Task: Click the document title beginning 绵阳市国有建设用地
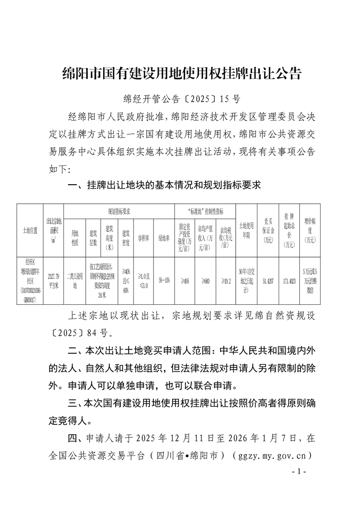(182, 73)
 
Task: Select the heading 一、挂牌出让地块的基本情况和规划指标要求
(164, 185)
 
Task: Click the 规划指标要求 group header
(119, 211)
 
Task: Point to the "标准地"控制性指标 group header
(205, 211)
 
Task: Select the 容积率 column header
(143, 236)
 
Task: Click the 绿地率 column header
(164, 236)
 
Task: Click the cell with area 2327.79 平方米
(54, 278)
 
